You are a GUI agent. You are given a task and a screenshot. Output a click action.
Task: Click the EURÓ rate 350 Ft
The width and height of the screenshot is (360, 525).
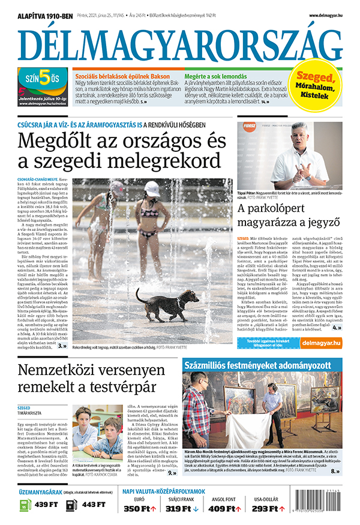tap(140, 509)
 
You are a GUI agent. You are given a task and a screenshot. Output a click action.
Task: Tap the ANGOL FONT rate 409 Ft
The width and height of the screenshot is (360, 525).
tap(223, 509)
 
